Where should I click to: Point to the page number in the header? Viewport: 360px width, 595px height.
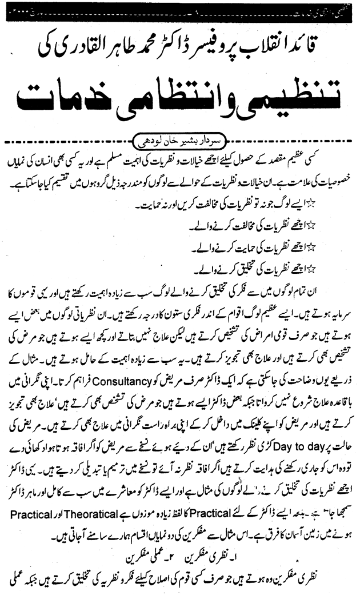[181, 10]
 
